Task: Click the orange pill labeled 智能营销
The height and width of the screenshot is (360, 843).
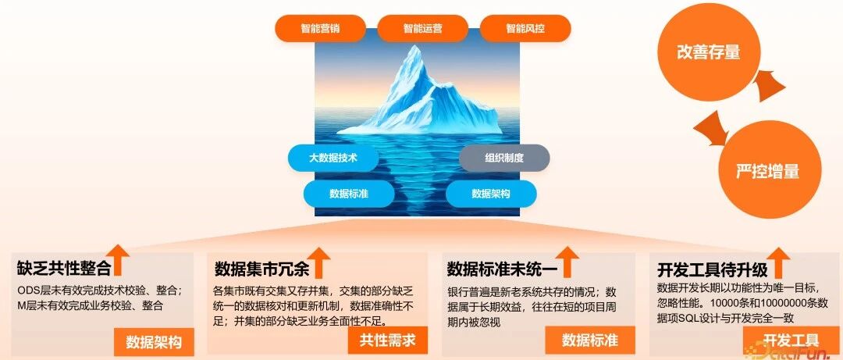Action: [321, 28]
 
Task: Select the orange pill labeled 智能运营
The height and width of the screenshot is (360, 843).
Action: [422, 28]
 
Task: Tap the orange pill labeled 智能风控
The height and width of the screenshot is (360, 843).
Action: [525, 28]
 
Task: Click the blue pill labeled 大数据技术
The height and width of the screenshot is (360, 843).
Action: [333, 159]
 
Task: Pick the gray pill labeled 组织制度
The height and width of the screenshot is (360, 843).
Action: [504, 159]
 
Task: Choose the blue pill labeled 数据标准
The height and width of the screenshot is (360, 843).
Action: [349, 194]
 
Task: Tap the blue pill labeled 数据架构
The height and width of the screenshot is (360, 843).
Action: [491, 194]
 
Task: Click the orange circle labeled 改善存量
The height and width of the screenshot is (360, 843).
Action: [708, 52]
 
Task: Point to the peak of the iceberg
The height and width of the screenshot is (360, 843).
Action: [414, 46]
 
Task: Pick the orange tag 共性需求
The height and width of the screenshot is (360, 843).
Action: [388, 340]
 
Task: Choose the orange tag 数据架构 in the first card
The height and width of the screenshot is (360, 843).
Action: [154, 342]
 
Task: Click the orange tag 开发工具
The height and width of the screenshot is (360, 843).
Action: [791, 340]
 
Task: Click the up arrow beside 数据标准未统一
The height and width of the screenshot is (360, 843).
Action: [568, 262]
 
